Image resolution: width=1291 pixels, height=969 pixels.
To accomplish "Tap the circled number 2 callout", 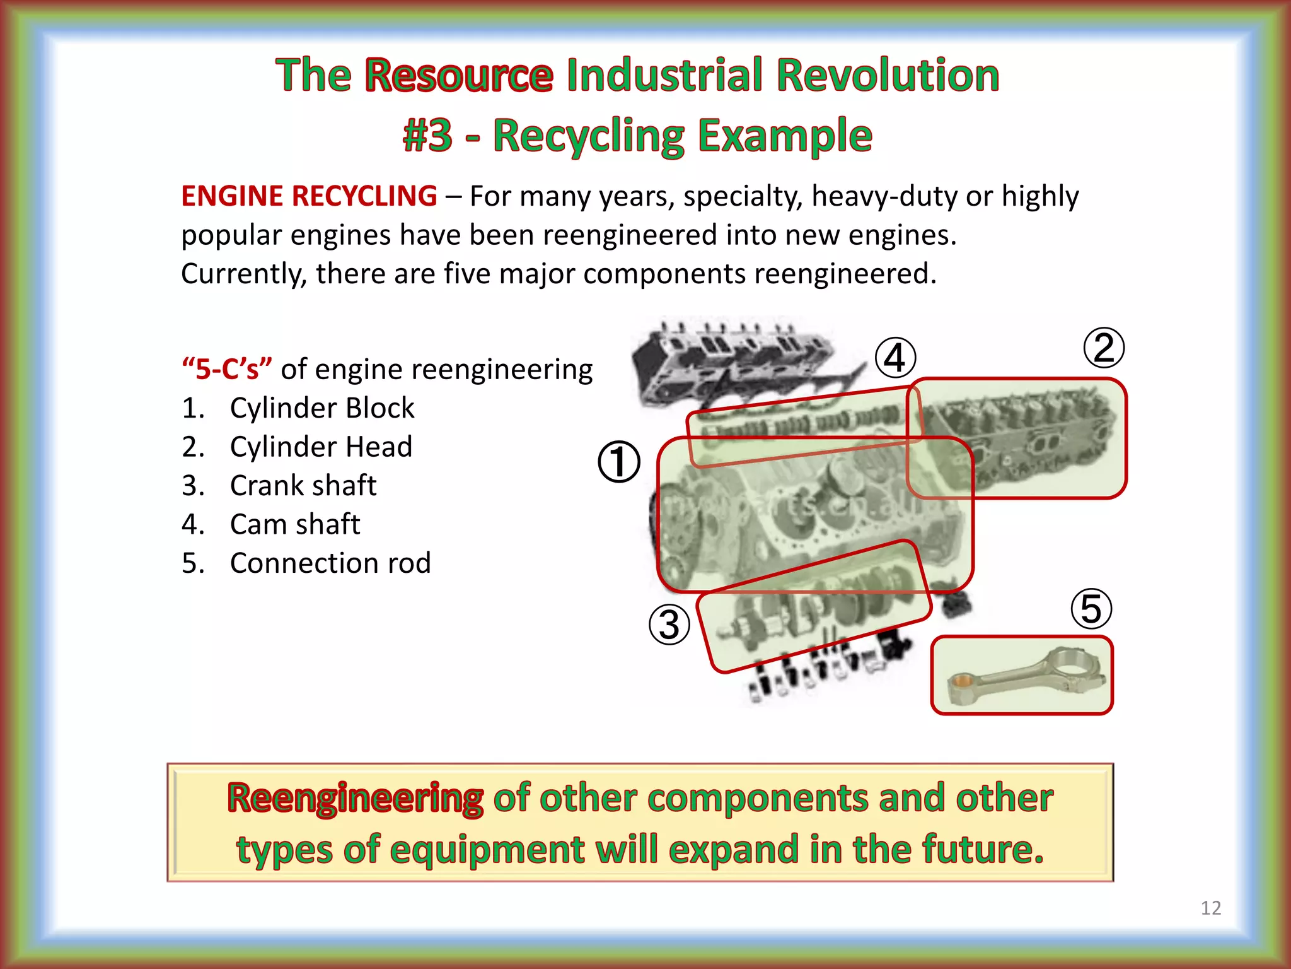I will pyautogui.click(x=1104, y=348).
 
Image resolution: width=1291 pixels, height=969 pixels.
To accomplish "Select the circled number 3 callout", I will pyautogui.click(x=669, y=625).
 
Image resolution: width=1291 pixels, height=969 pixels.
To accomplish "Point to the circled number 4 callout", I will pyautogui.click(x=895, y=358).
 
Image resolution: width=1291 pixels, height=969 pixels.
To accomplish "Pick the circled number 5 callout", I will pyautogui.click(x=1091, y=609).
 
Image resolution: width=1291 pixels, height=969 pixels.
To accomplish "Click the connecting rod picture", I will pyautogui.click(x=1022, y=676).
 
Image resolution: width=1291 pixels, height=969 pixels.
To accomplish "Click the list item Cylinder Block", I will pyautogui.click(x=321, y=408).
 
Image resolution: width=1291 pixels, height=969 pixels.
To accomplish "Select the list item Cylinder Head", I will pyautogui.click(x=321, y=447).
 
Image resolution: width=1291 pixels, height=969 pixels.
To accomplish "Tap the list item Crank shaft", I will pyautogui.click(x=303, y=486).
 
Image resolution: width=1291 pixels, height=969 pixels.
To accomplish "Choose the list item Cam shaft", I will pyautogui.click(x=295, y=524).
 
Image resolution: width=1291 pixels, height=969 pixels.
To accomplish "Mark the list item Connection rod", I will pyautogui.click(x=330, y=563).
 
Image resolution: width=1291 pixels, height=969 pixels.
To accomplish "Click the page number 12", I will pyautogui.click(x=1210, y=908).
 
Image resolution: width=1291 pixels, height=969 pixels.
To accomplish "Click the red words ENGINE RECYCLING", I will pyautogui.click(x=309, y=196).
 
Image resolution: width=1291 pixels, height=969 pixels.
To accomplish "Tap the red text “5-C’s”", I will pyautogui.click(x=227, y=369).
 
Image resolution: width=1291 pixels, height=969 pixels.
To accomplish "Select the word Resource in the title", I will pyautogui.click(x=459, y=75).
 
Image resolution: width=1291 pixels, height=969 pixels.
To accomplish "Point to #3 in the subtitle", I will pyautogui.click(x=427, y=136).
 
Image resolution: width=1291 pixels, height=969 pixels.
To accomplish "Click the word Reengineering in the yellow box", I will pyautogui.click(x=356, y=798).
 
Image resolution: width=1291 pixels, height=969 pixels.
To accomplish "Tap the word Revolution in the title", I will pyautogui.click(x=888, y=75).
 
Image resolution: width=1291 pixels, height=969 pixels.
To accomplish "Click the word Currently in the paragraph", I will pyautogui.click(x=243, y=274).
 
